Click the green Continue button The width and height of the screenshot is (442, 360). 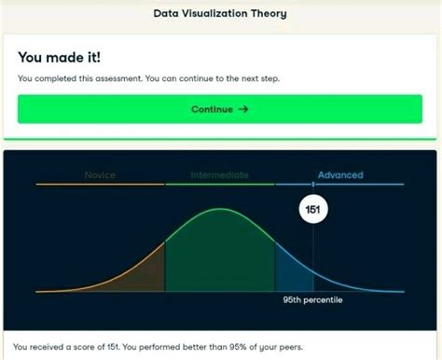220,109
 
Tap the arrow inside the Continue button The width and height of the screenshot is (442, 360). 244,109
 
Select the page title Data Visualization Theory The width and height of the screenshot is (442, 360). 220,14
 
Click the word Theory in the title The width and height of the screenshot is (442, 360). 269,14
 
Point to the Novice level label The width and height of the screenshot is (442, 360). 100,174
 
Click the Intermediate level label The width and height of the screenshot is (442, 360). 219,174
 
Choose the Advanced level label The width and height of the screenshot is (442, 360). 339,174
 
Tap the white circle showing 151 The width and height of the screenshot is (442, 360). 312,210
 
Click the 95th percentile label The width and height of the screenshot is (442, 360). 312,300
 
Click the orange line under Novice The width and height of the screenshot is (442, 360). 100,185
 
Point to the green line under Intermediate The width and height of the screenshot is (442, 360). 219,185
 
